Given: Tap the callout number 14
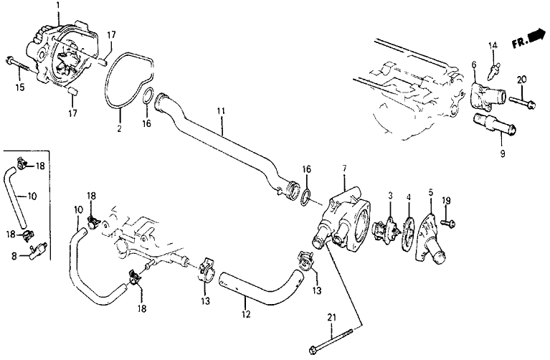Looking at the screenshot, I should click(x=493, y=47).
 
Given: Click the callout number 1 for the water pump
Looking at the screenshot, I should click(x=58, y=5).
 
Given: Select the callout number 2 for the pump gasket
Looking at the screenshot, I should click(x=120, y=129).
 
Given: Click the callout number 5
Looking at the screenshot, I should click(x=431, y=192).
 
